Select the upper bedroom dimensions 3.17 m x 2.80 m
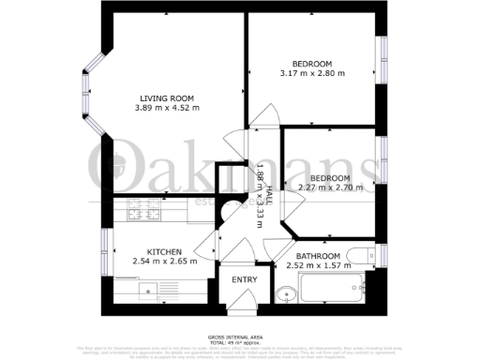(x=311, y=73)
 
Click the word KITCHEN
(x=165, y=250)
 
